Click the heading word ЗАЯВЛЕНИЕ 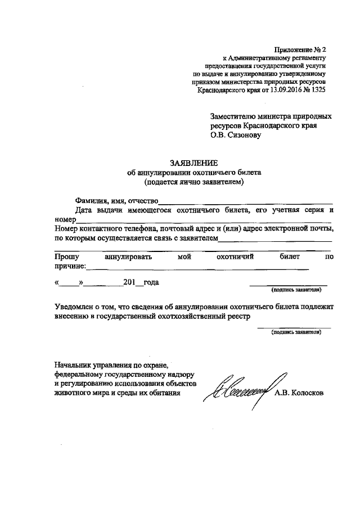tap(193, 162)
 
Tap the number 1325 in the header tap(316, 89)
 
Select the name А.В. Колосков tap(299, 393)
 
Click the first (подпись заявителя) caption tap(296, 291)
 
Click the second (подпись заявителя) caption tap(296, 332)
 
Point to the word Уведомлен tap(74, 308)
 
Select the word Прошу tap(65, 256)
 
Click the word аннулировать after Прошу tap(128, 256)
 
